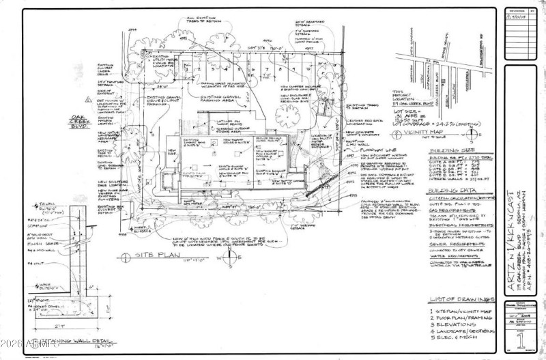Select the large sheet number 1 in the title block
520,340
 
